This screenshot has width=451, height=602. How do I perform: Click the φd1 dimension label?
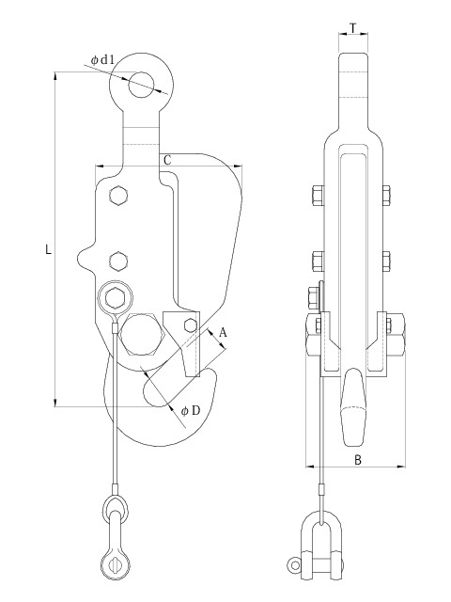click(102, 60)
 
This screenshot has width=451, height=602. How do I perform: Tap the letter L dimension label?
click(48, 250)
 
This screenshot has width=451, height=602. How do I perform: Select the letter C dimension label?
click(167, 160)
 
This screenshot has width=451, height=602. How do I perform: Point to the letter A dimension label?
click(223, 332)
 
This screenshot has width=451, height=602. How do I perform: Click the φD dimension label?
click(191, 411)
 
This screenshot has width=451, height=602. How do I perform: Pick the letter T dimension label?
click(353, 28)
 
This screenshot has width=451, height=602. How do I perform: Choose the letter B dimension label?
click(357, 460)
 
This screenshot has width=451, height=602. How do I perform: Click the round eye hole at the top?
click(141, 84)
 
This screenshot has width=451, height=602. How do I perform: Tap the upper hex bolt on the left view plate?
click(118, 197)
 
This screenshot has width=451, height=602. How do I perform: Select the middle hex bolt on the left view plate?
click(118, 261)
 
